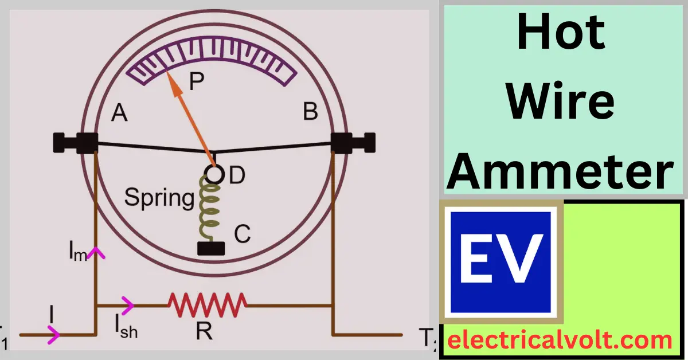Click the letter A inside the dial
pyautogui.click(x=119, y=113)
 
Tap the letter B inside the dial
pyautogui.click(x=310, y=111)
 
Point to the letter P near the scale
pyautogui.click(x=197, y=81)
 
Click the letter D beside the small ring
pyautogui.click(x=237, y=175)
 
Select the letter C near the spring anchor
pyautogui.click(x=243, y=234)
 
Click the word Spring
pyautogui.click(x=159, y=198)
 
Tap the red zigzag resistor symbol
pyautogui.click(x=208, y=305)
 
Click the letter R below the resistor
pyautogui.click(x=204, y=331)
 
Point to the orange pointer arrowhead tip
pyautogui.click(x=166, y=71)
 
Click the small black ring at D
pyautogui.click(x=214, y=174)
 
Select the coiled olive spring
pyautogui.click(x=209, y=209)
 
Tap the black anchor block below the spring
pyautogui.click(x=211, y=248)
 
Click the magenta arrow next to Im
pyautogui.click(x=96, y=253)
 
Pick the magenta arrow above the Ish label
pyautogui.click(x=128, y=306)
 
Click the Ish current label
pyautogui.click(x=126, y=327)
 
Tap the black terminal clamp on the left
pyautogui.click(x=76, y=143)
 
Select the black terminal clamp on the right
pyautogui.click(x=353, y=143)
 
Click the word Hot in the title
pyautogui.click(x=561, y=32)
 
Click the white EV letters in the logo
pyautogui.click(x=502, y=259)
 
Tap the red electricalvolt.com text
pyautogui.click(x=560, y=340)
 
